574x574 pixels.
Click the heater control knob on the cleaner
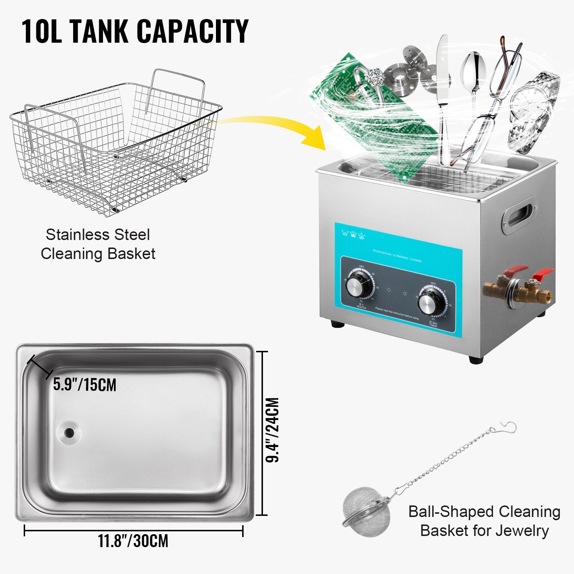click(x=359, y=286)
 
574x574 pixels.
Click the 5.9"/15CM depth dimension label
click(x=85, y=385)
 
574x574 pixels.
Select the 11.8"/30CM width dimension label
click(x=133, y=541)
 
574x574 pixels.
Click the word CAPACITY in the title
click(x=193, y=32)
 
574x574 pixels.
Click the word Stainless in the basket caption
click(x=76, y=235)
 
